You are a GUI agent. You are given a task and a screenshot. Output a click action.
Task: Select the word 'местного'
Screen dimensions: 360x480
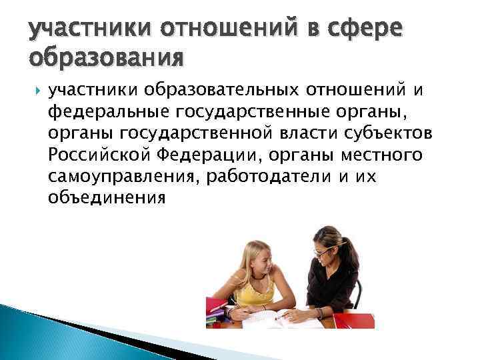385,155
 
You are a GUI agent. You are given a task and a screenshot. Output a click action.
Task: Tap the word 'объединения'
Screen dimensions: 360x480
105,198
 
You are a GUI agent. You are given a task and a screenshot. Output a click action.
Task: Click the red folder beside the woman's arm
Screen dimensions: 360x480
349,320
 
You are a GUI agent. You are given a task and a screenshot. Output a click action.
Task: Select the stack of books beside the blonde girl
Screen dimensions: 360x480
217,313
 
